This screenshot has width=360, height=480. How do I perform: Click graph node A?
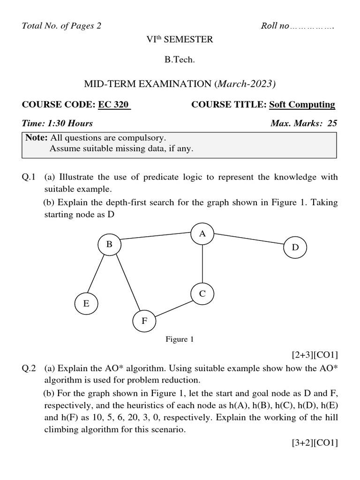coord(202,233)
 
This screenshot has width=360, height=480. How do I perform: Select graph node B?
coord(109,244)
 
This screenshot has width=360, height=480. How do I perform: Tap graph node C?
coord(202,294)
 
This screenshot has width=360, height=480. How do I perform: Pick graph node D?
coord(295,247)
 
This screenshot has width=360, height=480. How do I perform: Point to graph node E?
coord(86,303)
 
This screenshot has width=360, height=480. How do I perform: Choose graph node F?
coord(144,321)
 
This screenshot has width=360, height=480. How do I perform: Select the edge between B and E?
coord(98,273)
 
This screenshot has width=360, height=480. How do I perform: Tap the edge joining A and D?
coord(249,238)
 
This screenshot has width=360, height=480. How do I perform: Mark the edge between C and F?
coord(173,307)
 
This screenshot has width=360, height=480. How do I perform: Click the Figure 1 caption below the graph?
coord(180,339)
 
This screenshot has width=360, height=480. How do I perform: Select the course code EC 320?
coord(113,105)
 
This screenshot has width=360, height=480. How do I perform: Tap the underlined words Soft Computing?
coord(302,105)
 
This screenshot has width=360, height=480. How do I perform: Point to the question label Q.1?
coord(29,177)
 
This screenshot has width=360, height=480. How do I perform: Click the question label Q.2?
coord(29,368)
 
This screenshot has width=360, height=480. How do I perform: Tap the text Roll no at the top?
coord(275,26)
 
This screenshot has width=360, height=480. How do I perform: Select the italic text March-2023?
coord(246,84)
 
